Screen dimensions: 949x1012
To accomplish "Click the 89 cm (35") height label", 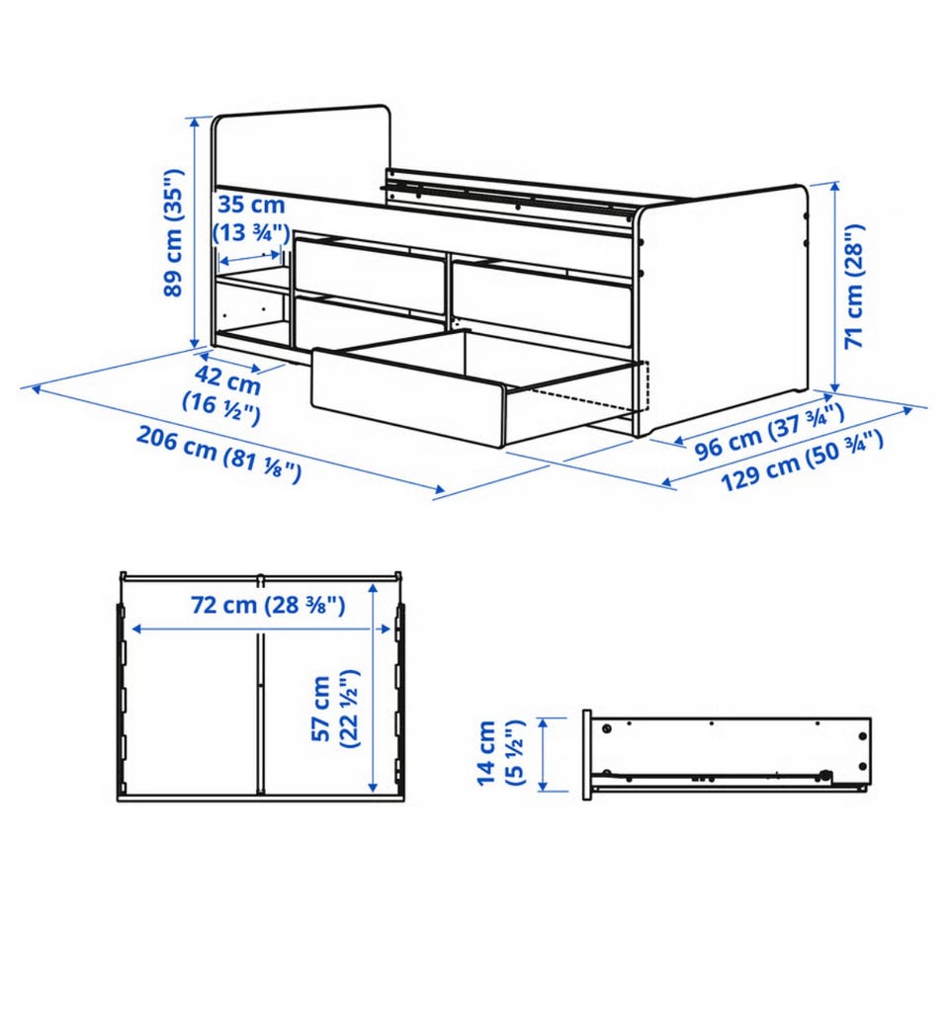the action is coord(173,233).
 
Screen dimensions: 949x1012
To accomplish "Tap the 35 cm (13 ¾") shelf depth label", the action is coord(250,218).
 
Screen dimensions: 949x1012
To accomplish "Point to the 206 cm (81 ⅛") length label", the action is coord(218,455).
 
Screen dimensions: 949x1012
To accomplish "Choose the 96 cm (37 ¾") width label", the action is coord(769,432).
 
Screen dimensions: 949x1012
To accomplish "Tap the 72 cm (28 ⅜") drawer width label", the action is coord(268,606).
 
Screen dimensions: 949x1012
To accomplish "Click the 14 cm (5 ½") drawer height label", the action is coord(501,753).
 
